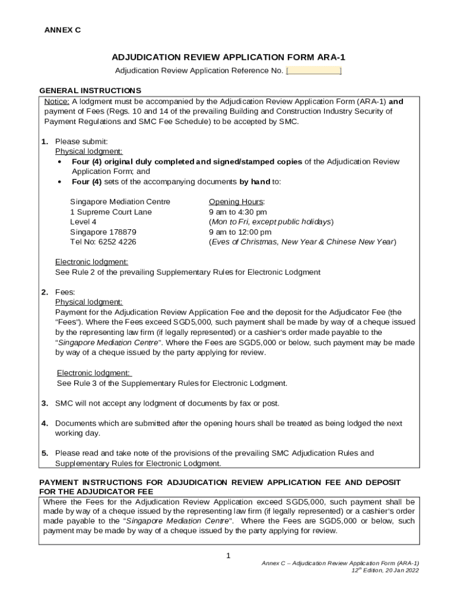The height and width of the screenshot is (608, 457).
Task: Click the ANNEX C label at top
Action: coord(63,30)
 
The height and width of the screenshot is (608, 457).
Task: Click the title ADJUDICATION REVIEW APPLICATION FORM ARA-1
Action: coord(228,58)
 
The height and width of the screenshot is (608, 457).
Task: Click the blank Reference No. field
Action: coord(313,71)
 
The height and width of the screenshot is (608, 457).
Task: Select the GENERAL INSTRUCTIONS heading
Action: coord(90,91)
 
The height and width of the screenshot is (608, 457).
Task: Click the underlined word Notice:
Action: coord(57,102)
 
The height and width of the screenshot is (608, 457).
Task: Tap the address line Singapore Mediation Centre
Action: coord(120,202)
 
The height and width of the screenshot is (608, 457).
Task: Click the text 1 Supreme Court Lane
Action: coord(111,212)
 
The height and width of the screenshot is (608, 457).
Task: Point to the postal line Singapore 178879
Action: coord(103,232)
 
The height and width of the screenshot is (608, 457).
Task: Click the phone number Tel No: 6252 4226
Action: coord(103,242)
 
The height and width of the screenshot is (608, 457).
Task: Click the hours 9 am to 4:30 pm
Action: coord(238,212)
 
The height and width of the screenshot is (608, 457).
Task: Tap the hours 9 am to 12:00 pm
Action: coord(240,232)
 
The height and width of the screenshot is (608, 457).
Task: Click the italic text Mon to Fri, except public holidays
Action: coord(271,222)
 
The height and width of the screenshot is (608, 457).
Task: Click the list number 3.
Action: coord(45,404)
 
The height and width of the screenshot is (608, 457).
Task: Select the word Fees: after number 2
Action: coord(65,293)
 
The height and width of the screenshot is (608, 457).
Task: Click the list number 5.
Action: coord(45,454)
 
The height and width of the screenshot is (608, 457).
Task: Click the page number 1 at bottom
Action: coord(228,556)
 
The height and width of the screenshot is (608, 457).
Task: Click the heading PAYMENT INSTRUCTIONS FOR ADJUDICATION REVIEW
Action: coord(220,482)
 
